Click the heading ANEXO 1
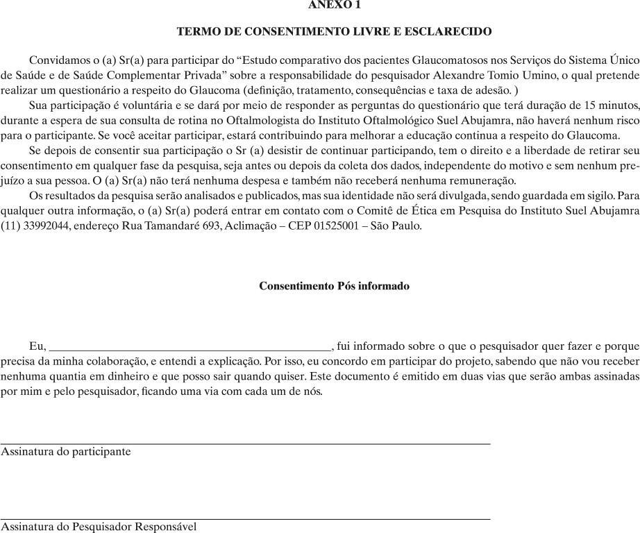[x=335, y=5]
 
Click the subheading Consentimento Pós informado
[x=334, y=286]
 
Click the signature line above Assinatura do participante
[x=245, y=442]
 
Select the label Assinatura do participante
[x=66, y=451]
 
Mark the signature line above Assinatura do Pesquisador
[x=245, y=518]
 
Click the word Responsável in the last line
[x=165, y=527]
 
